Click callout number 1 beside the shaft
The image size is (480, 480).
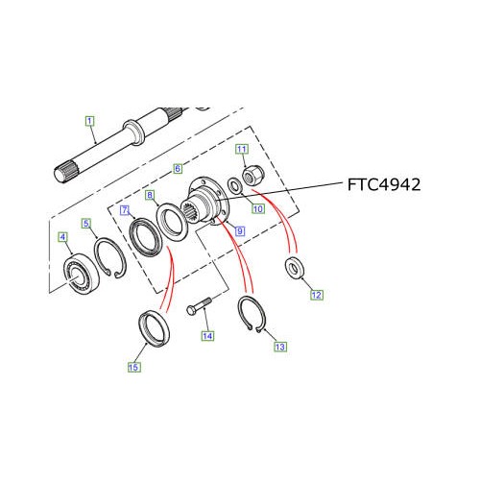[89, 121]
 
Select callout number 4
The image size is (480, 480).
[62, 237]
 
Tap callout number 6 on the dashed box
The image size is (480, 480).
[178, 168]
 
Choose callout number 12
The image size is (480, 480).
[316, 296]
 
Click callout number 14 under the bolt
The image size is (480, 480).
[205, 336]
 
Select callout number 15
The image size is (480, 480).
[134, 366]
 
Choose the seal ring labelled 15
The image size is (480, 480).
[155, 325]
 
